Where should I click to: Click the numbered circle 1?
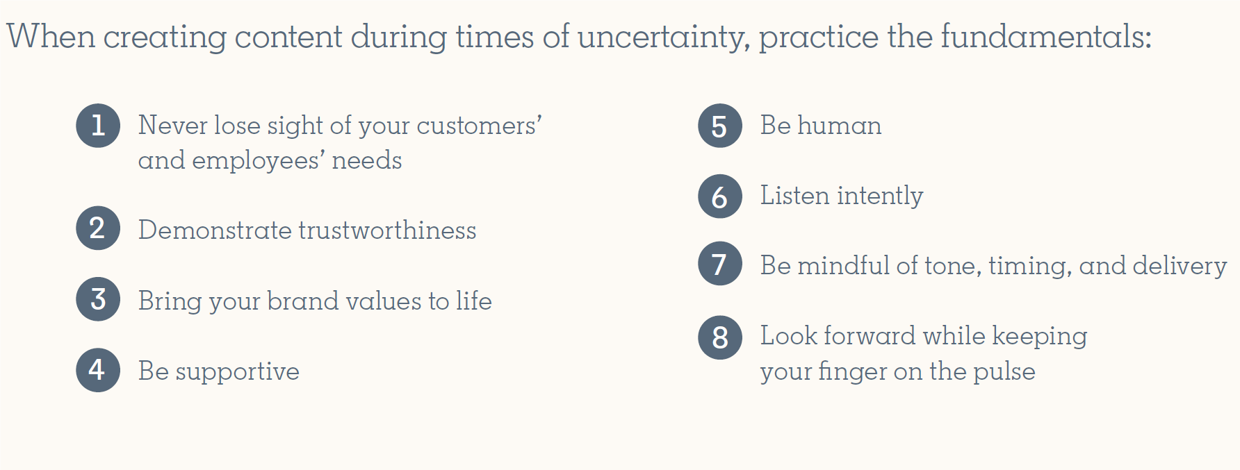98,126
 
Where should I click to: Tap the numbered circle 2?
98,228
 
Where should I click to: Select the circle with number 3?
98,299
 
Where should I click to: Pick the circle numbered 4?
98,370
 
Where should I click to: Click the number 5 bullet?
720,126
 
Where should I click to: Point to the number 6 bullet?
720,196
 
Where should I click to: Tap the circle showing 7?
720,264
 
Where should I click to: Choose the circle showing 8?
720,337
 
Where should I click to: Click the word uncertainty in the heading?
663,37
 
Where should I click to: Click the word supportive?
237,372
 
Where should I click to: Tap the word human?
839,125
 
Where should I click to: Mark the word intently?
880,196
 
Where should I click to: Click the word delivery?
1180,266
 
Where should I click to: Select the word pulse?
1004,371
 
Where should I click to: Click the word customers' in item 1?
480,125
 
